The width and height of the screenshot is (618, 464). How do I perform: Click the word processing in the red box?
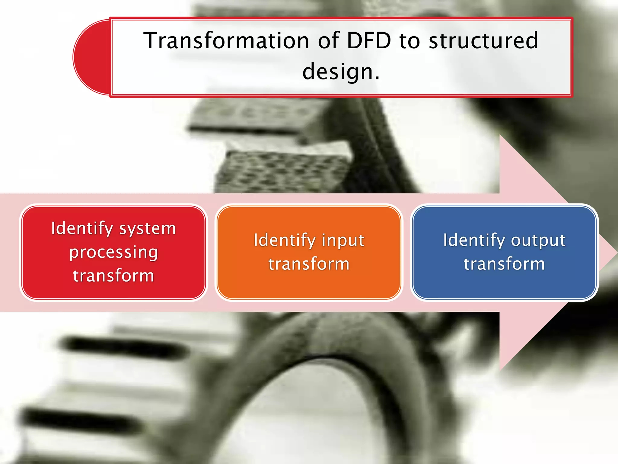[113, 253]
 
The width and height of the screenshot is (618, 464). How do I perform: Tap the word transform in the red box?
[113, 276]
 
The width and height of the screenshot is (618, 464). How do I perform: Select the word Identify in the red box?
[82, 228]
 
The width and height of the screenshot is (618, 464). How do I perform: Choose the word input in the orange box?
[343, 241]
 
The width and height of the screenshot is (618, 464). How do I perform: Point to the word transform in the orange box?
[309, 264]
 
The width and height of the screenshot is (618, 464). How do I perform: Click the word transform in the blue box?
[504, 264]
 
